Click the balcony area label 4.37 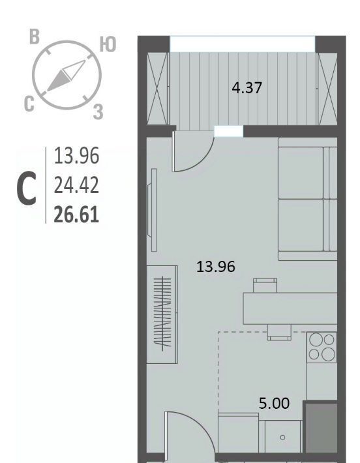click(247, 88)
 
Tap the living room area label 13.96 click(216, 267)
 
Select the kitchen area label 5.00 click(274, 404)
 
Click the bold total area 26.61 click(76, 215)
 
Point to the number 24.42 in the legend click(76, 186)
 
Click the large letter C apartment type click(27, 189)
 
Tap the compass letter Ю click(108, 44)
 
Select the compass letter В click(35, 37)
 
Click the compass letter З click(98, 112)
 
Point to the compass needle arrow click(66, 76)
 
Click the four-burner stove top click(322, 347)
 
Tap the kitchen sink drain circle click(282, 438)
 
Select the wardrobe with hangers click(162, 314)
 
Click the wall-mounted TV click(152, 210)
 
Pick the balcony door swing click(192, 151)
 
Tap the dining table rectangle click(290, 308)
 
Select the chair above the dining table click(265, 285)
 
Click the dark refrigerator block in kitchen click(321, 426)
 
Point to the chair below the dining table click(279, 333)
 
